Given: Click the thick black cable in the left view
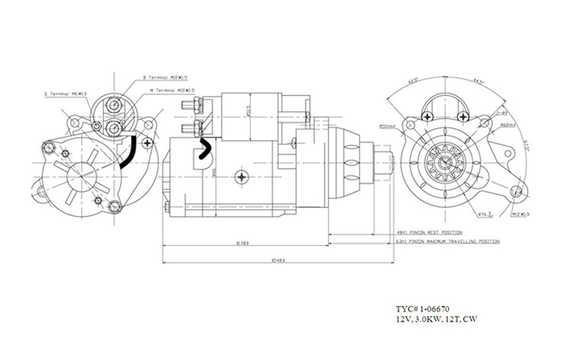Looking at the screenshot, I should click(x=128, y=154).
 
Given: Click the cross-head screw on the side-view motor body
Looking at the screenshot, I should click(x=241, y=177).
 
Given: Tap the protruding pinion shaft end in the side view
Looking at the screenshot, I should click(x=389, y=163).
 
